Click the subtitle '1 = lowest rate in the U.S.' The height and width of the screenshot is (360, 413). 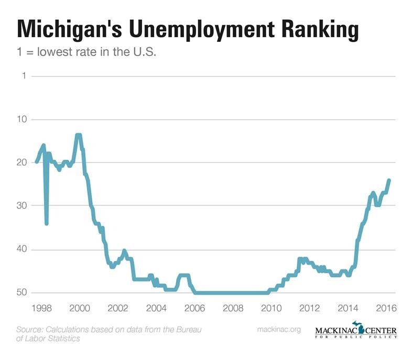(88, 52)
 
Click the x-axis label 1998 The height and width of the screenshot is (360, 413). (41, 307)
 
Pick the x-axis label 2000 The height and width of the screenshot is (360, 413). (79, 307)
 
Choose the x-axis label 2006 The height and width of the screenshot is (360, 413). (194, 307)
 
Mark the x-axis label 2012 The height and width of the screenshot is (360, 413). (310, 307)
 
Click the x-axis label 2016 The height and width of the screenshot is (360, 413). (386, 307)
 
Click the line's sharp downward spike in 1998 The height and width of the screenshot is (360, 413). (47, 223)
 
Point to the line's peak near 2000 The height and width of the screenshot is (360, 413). (79, 135)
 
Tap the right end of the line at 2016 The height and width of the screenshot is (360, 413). (389, 180)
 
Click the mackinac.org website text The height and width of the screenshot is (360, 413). (279, 330)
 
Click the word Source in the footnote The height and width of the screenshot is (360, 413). (29, 330)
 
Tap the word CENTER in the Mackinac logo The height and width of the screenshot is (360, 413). (378, 331)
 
